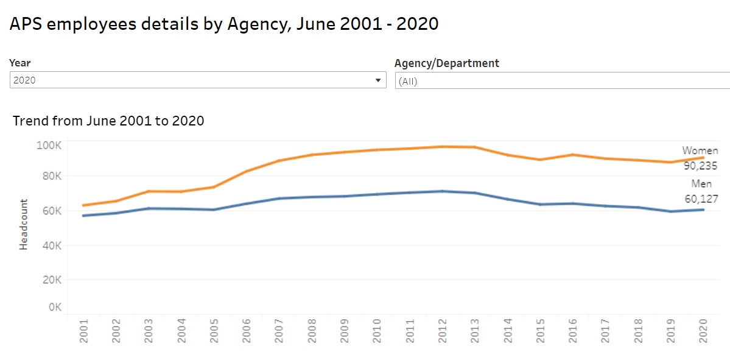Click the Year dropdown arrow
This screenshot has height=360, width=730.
coord(378,80)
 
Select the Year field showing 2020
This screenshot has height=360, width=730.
coord(195,80)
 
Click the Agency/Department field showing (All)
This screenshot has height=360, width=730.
coord(560,81)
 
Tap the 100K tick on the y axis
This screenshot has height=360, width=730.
coord(48,146)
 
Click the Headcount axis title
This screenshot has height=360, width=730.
coord(24,224)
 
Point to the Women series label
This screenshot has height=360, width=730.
coord(700,150)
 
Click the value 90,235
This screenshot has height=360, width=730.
coord(700,166)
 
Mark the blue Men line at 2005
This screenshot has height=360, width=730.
coord(214,210)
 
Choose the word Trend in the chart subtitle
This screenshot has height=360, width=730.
coord(30,121)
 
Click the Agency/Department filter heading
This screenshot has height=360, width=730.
coord(447,63)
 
